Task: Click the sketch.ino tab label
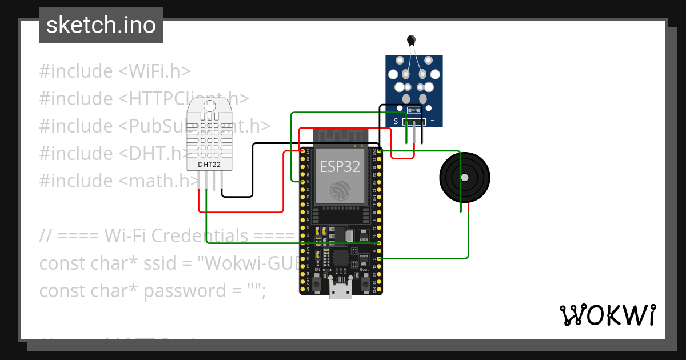pyautogui.click(x=101, y=25)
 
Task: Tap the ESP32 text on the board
pyautogui.click(x=340, y=167)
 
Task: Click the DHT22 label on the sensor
pyautogui.click(x=209, y=165)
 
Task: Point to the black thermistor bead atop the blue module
pyautogui.click(x=410, y=39)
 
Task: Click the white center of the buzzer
pyautogui.click(x=464, y=177)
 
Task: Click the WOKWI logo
pyautogui.click(x=607, y=315)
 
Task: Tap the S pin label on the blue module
pyautogui.click(x=395, y=121)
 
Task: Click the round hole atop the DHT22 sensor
pyautogui.click(x=209, y=106)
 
